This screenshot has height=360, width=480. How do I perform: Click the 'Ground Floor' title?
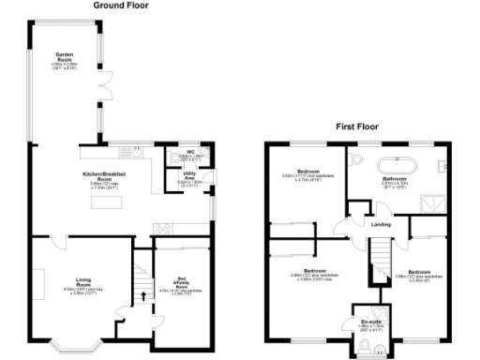[121, 6]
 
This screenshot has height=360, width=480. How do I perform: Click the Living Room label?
[84, 283]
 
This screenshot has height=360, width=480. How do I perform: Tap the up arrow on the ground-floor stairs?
[142, 297]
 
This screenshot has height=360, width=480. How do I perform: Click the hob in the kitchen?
[163, 227]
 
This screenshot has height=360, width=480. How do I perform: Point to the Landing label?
[381, 224]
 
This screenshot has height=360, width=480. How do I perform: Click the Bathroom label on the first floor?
[394, 181]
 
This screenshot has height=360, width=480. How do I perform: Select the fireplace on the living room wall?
[39, 281]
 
